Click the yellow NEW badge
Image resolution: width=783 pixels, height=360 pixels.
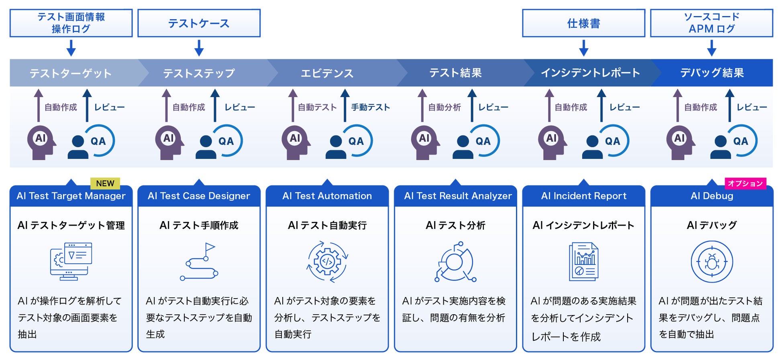click(105, 183)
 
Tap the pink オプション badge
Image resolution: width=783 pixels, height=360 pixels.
click(745, 183)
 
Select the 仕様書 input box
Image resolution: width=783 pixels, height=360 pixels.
click(583, 23)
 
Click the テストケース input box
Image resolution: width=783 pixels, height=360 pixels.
click(199, 23)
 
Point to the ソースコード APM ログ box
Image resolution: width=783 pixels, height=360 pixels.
click(712, 23)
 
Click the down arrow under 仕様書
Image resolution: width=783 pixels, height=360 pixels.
click(584, 48)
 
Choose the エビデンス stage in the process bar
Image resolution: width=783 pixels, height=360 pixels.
click(327, 73)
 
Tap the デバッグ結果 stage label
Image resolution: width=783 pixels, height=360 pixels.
click(712, 73)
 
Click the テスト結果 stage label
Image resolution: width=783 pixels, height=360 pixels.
click(455, 73)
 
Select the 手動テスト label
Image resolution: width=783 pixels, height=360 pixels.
click(370, 107)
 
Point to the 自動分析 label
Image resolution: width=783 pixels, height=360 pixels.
click(444, 107)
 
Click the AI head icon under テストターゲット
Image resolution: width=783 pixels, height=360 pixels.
click(41, 142)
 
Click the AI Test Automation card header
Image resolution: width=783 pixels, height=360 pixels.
click(327, 196)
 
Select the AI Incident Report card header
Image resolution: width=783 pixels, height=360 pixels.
click(583, 196)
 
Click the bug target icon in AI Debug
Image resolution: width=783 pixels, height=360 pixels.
click(712, 262)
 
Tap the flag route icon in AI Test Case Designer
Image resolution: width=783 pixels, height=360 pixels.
click(199, 261)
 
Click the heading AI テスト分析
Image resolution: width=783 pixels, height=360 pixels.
click(455, 226)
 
